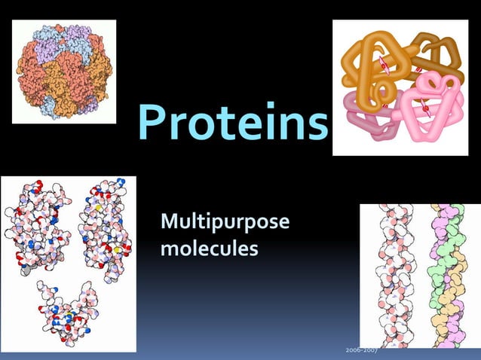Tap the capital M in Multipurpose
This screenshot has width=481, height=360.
pos(170,224)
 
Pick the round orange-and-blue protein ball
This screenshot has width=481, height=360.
pos(65,70)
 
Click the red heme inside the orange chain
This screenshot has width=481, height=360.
pos(384,67)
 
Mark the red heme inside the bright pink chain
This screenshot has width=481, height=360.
pos(427,108)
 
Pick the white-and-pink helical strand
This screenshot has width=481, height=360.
pos(393,275)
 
